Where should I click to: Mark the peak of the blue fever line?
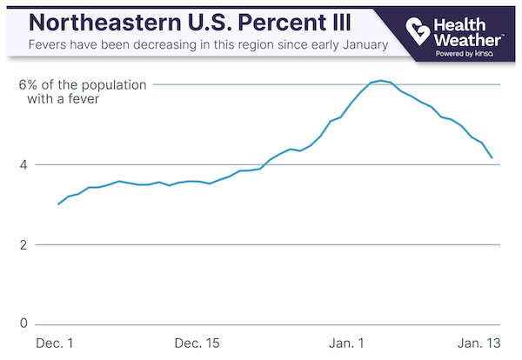(382, 80)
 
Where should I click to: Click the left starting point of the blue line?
(58, 204)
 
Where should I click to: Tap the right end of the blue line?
(492, 158)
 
